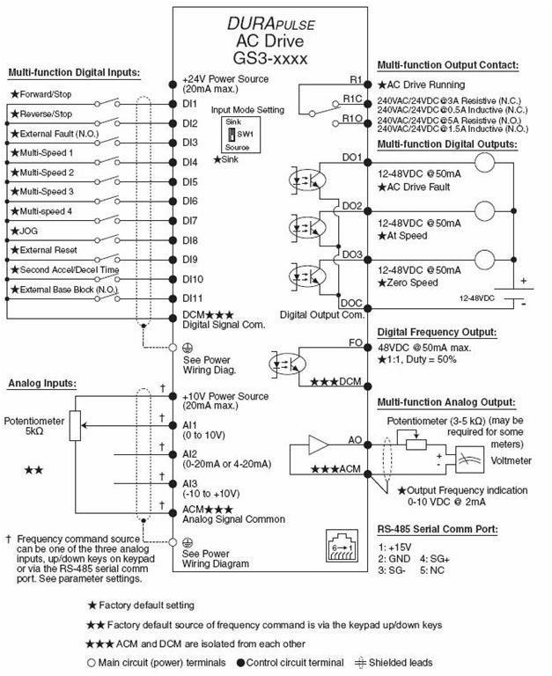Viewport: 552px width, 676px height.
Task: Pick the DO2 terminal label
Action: pyautogui.click(x=352, y=206)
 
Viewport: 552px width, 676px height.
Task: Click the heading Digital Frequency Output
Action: pyautogui.click(x=436, y=332)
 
